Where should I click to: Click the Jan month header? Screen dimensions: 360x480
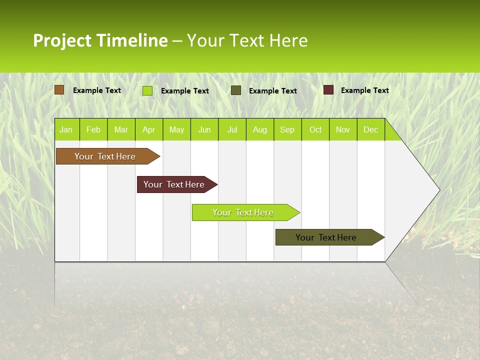pyautogui.click(x=66, y=129)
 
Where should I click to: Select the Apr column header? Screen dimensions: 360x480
pyautogui.click(x=148, y=129)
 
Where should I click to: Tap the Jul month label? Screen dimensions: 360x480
pyautogui.click(x=232, y=129)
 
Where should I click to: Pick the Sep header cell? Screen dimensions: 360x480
pyautogui.click(x=287, y=129)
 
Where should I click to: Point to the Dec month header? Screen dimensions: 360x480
pyautogui.click(x=370, y=129)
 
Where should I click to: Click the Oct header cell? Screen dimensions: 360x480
pyautogui.click(x=315, y=129)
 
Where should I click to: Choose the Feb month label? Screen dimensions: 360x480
pyautogui.click(x=93, y=129)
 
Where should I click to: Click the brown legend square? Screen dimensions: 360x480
pyautogui.click(x=59, y=90)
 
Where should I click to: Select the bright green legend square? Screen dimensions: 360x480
pyautogui.click(x=147, y=90)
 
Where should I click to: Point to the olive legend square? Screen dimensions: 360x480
pyautogui.click(x=236, y=90)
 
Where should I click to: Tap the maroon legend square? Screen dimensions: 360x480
pyautogui.click(x=328, y=90)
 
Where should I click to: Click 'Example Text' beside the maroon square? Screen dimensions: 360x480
pyautogui.click(x=364, y=90)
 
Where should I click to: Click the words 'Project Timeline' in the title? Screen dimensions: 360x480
pyautogui.click(x=100, y=40)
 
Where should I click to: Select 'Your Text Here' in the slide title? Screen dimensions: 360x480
pyautogui.click(x=247, y=40)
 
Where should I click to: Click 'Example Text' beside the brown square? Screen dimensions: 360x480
pyautogui.click(x=97, y=90)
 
